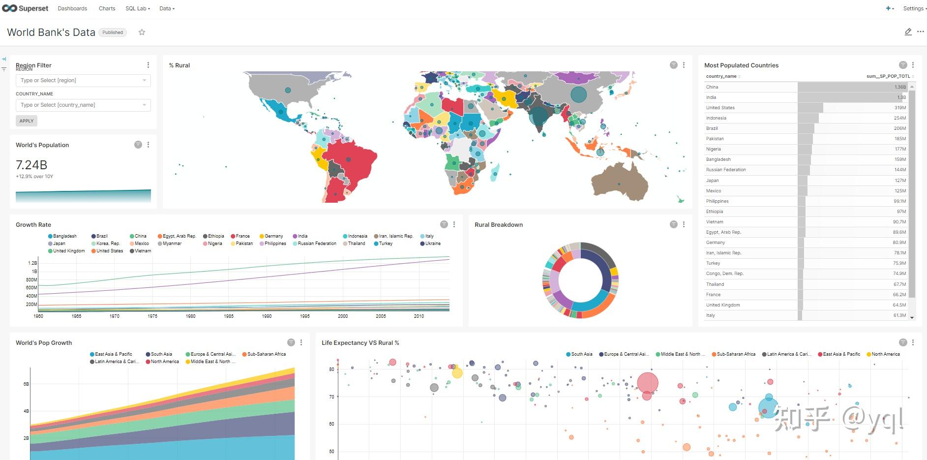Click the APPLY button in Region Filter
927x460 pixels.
(x=27, y=121)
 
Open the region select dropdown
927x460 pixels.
(x=83, y=80)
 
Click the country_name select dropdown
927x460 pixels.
(x=83, y=105)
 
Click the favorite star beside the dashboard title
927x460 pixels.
(x=142, y=32)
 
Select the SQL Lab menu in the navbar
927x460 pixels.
(x=138, y=8)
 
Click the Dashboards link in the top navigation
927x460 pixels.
(x=72, y=8)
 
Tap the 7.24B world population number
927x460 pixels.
(x=31, y=165)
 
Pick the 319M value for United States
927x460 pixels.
(x=900, y=108)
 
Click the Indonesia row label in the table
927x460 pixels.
(x=716, y=118)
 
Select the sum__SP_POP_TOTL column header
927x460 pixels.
(x=888, y=76)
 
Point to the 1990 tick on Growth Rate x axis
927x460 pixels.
(x=267, y=316)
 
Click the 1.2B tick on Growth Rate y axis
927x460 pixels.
(x=32, y=263)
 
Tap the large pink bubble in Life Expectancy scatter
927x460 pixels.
(x=647, y=383)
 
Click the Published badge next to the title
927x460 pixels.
(x=113, y=32)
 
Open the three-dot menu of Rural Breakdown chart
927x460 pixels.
(x=684, y=224)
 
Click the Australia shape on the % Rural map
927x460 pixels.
(x=619, y=182)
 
